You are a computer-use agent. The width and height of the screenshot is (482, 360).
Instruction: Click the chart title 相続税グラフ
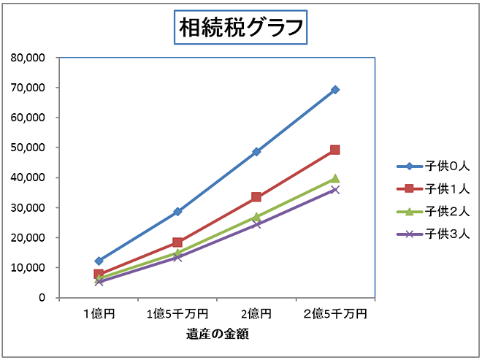click(x=240, y=28)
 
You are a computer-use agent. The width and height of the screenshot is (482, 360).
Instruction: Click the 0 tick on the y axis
click(x=42, y=298)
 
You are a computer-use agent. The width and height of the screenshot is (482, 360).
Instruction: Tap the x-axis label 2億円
click(x=256, y=314)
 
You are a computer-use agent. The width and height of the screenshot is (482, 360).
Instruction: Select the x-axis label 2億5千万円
click(x=335, y=314)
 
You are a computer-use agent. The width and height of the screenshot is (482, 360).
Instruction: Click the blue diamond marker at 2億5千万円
click(x=335, y=90)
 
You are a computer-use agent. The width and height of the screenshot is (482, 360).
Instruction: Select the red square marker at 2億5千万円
click(x=335, y=150)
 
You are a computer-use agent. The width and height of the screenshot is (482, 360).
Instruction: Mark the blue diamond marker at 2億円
click(x=256, y=152)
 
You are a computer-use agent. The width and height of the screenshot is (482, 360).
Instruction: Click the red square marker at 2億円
click(x=256, y=197)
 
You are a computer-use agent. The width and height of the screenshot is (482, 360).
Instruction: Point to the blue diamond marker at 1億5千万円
click(x=177, y=212)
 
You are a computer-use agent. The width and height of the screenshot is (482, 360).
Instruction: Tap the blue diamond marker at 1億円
click(x=99, y=261)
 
